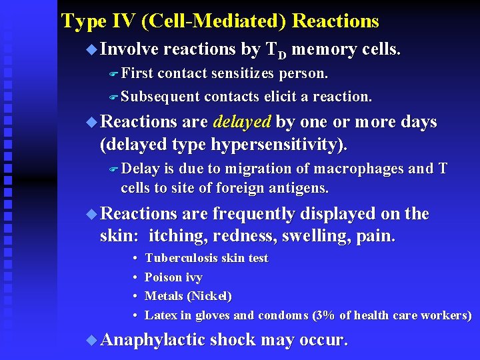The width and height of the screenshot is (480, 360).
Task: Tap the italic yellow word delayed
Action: point(242,122)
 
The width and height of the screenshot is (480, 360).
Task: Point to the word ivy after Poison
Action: point(192,277)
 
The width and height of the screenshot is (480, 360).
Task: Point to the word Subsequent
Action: point(160,97)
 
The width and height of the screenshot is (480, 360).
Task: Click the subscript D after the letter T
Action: point(283,54)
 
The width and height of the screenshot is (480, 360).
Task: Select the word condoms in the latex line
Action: point(283,315)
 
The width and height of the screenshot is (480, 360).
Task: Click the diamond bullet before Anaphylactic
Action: point(91,340)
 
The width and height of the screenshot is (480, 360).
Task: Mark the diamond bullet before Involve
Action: point(91,49)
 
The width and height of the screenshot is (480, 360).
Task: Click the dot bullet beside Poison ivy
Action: point(135,277)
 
